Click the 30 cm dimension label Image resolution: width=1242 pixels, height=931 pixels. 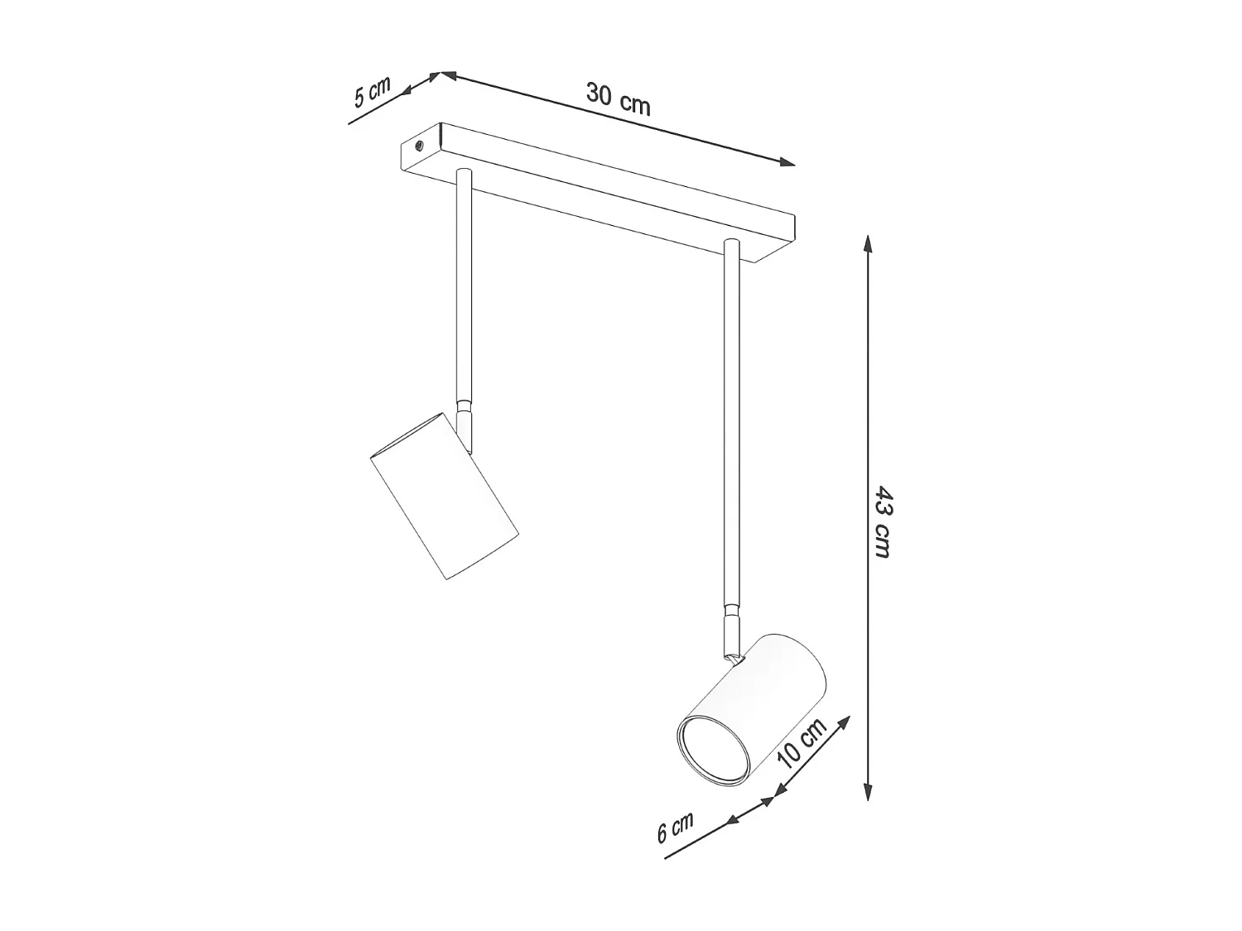click(618, 98)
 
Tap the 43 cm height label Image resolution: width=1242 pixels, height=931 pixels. click(883, 521)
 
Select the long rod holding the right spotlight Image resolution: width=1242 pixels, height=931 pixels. click(730, 422)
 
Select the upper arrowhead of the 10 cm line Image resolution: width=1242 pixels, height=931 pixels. click(844, 721)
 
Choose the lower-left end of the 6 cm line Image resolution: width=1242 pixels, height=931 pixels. click(667, 857)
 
